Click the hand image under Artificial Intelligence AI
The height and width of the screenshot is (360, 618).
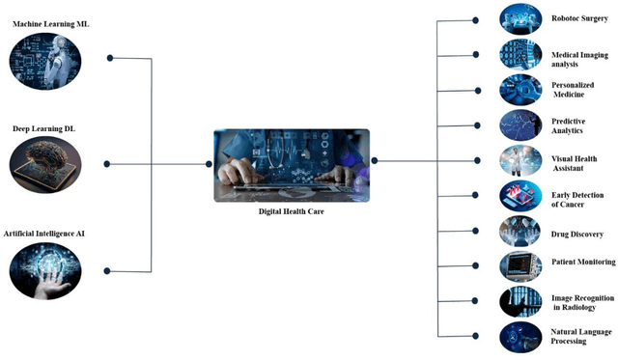tap(51, 270)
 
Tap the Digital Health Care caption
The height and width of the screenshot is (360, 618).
tap(291, 210)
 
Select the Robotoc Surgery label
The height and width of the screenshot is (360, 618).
tap(578, 17)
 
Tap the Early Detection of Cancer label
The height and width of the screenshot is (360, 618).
tap(577, 200)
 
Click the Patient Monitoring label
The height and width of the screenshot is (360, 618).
tap(583, 261)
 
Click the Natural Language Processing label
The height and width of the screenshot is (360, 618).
tap(581, 335)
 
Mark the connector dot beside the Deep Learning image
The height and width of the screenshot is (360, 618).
tap(110, 164)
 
